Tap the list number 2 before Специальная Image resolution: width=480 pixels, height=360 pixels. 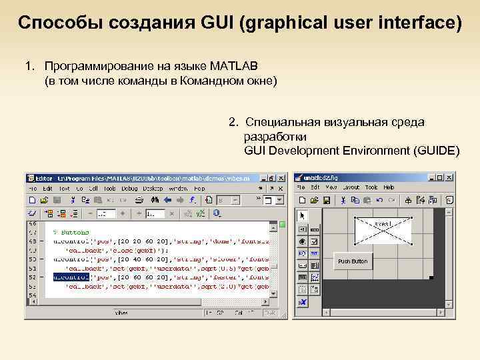click(x=233, y=122)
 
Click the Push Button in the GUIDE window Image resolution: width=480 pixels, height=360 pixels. click(x=353, y=261)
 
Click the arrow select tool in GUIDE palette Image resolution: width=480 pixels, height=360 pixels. click(x=302, y=215)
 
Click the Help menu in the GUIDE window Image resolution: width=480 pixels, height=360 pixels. click(x=388, y=188)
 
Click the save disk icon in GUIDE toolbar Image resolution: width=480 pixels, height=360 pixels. click(x=327, y=200)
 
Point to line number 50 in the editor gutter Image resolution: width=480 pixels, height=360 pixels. click(x=33, y=258)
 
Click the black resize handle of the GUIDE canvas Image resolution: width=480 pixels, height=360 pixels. click(x=431, y=277)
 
